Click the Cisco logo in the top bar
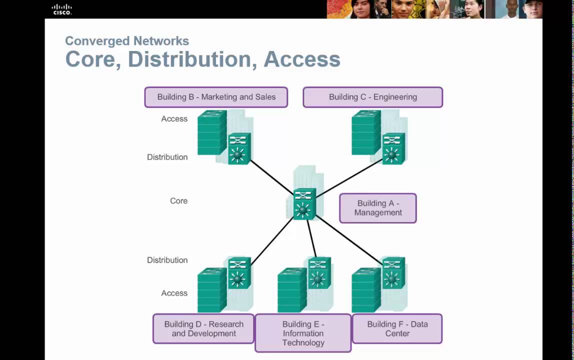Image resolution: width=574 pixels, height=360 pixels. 62,9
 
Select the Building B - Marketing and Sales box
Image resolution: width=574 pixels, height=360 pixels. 216,97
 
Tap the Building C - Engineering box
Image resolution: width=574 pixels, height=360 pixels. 372,97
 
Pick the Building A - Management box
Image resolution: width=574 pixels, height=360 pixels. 378,208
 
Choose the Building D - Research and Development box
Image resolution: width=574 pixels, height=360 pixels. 203,328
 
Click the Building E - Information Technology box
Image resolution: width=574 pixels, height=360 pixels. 303,333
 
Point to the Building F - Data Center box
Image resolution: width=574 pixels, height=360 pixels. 397,328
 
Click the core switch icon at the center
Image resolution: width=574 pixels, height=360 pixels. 304,204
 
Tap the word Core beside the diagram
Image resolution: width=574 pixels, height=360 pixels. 178,201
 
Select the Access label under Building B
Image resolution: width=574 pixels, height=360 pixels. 174,119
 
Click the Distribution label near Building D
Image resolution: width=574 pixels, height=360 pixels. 167,260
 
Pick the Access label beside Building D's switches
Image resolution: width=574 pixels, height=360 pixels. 174,293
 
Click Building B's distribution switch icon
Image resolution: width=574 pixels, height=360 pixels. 238,148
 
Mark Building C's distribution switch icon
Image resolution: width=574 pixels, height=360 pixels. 393,148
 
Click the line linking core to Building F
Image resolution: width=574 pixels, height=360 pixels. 350,240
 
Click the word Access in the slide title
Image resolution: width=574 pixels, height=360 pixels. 302,59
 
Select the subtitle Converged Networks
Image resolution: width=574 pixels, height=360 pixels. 127,41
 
